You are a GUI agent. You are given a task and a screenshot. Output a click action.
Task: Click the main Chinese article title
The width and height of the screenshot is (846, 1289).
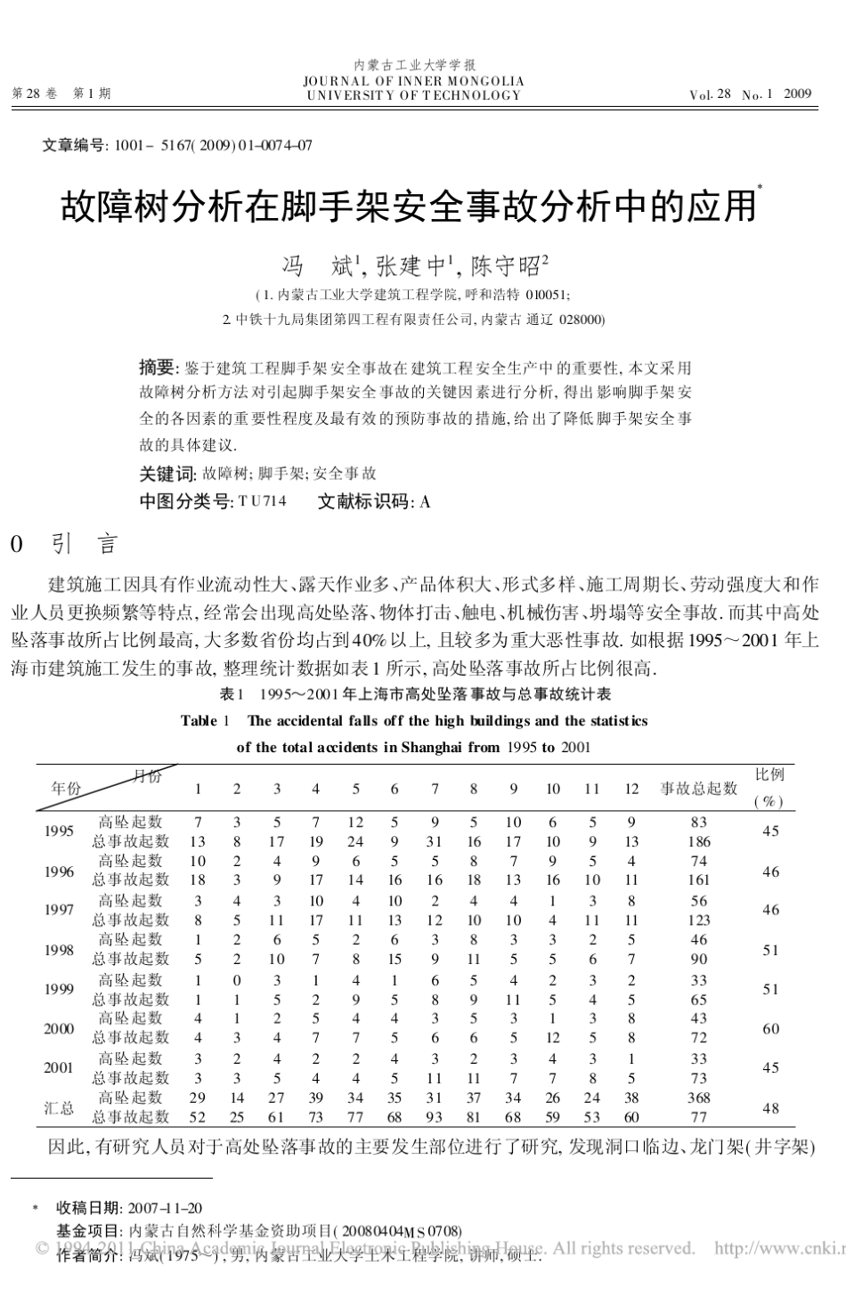(408, 207)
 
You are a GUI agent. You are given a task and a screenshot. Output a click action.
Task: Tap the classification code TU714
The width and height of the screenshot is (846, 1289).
(262, 501)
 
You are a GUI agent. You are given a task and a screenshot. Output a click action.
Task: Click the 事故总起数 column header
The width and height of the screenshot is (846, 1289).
(698, 788)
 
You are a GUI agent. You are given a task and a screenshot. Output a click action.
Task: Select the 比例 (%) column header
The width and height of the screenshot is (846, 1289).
(769, 788)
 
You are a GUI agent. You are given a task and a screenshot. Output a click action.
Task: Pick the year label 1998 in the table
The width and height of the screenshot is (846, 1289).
(59, 949)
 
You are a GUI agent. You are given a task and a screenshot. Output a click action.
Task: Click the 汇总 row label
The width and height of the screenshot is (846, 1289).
(60, 1107)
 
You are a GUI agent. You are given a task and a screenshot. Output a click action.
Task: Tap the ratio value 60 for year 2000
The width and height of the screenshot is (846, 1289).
(770, 1028)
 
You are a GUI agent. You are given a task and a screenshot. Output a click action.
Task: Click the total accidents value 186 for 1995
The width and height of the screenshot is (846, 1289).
(699, 840)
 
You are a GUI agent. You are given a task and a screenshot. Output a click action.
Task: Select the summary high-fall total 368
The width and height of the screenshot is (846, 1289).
(699, 1098)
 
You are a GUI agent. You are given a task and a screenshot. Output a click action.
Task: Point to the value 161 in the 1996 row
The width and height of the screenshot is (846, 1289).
(699, 880)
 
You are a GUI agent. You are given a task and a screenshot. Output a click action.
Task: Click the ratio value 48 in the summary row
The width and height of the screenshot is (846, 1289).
(770, 1107)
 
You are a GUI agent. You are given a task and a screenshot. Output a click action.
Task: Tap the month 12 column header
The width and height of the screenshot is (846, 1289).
(630, 788)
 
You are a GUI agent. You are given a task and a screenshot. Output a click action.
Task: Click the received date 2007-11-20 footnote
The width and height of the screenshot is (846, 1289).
(165, 1208)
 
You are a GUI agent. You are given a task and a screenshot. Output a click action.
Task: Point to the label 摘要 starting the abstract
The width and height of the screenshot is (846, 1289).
(159, 367)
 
